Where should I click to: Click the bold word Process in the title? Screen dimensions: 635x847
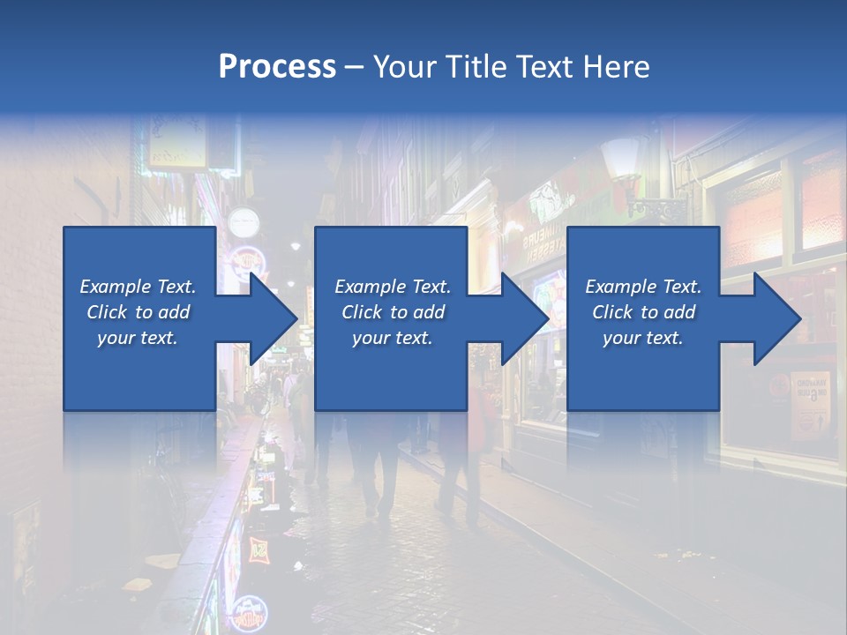[277, 67]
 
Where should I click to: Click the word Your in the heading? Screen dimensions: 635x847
[401, 67]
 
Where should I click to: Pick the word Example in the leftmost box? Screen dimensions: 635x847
[115, 287]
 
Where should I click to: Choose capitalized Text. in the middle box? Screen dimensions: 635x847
[431, 287]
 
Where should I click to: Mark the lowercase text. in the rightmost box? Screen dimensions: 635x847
[664, 338]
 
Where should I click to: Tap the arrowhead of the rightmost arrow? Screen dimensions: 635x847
[781, 318]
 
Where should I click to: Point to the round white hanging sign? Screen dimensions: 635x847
[243, 222]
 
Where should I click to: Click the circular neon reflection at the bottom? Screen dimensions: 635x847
[250, 611]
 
